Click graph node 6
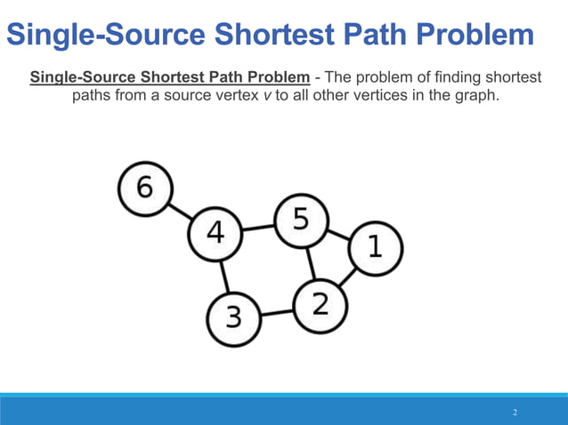click(143, 188)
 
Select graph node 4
click(215, 234)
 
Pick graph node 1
click(375, 247)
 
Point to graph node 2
click(321, 304)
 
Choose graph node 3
click(233, 317)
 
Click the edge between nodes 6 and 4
click(179, 212)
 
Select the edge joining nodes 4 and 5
click(258, 228)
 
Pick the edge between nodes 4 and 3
click(223, 275)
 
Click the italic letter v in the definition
click(267, 95)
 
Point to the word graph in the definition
click(469, 95)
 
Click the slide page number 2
click(515, 413)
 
